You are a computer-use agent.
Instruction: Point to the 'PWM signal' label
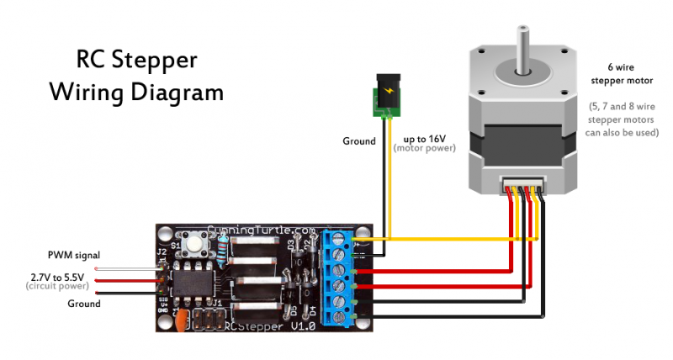click(73, 254)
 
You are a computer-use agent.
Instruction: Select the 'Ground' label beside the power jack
click(359, 141)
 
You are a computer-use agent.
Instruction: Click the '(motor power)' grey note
click(424, 149)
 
